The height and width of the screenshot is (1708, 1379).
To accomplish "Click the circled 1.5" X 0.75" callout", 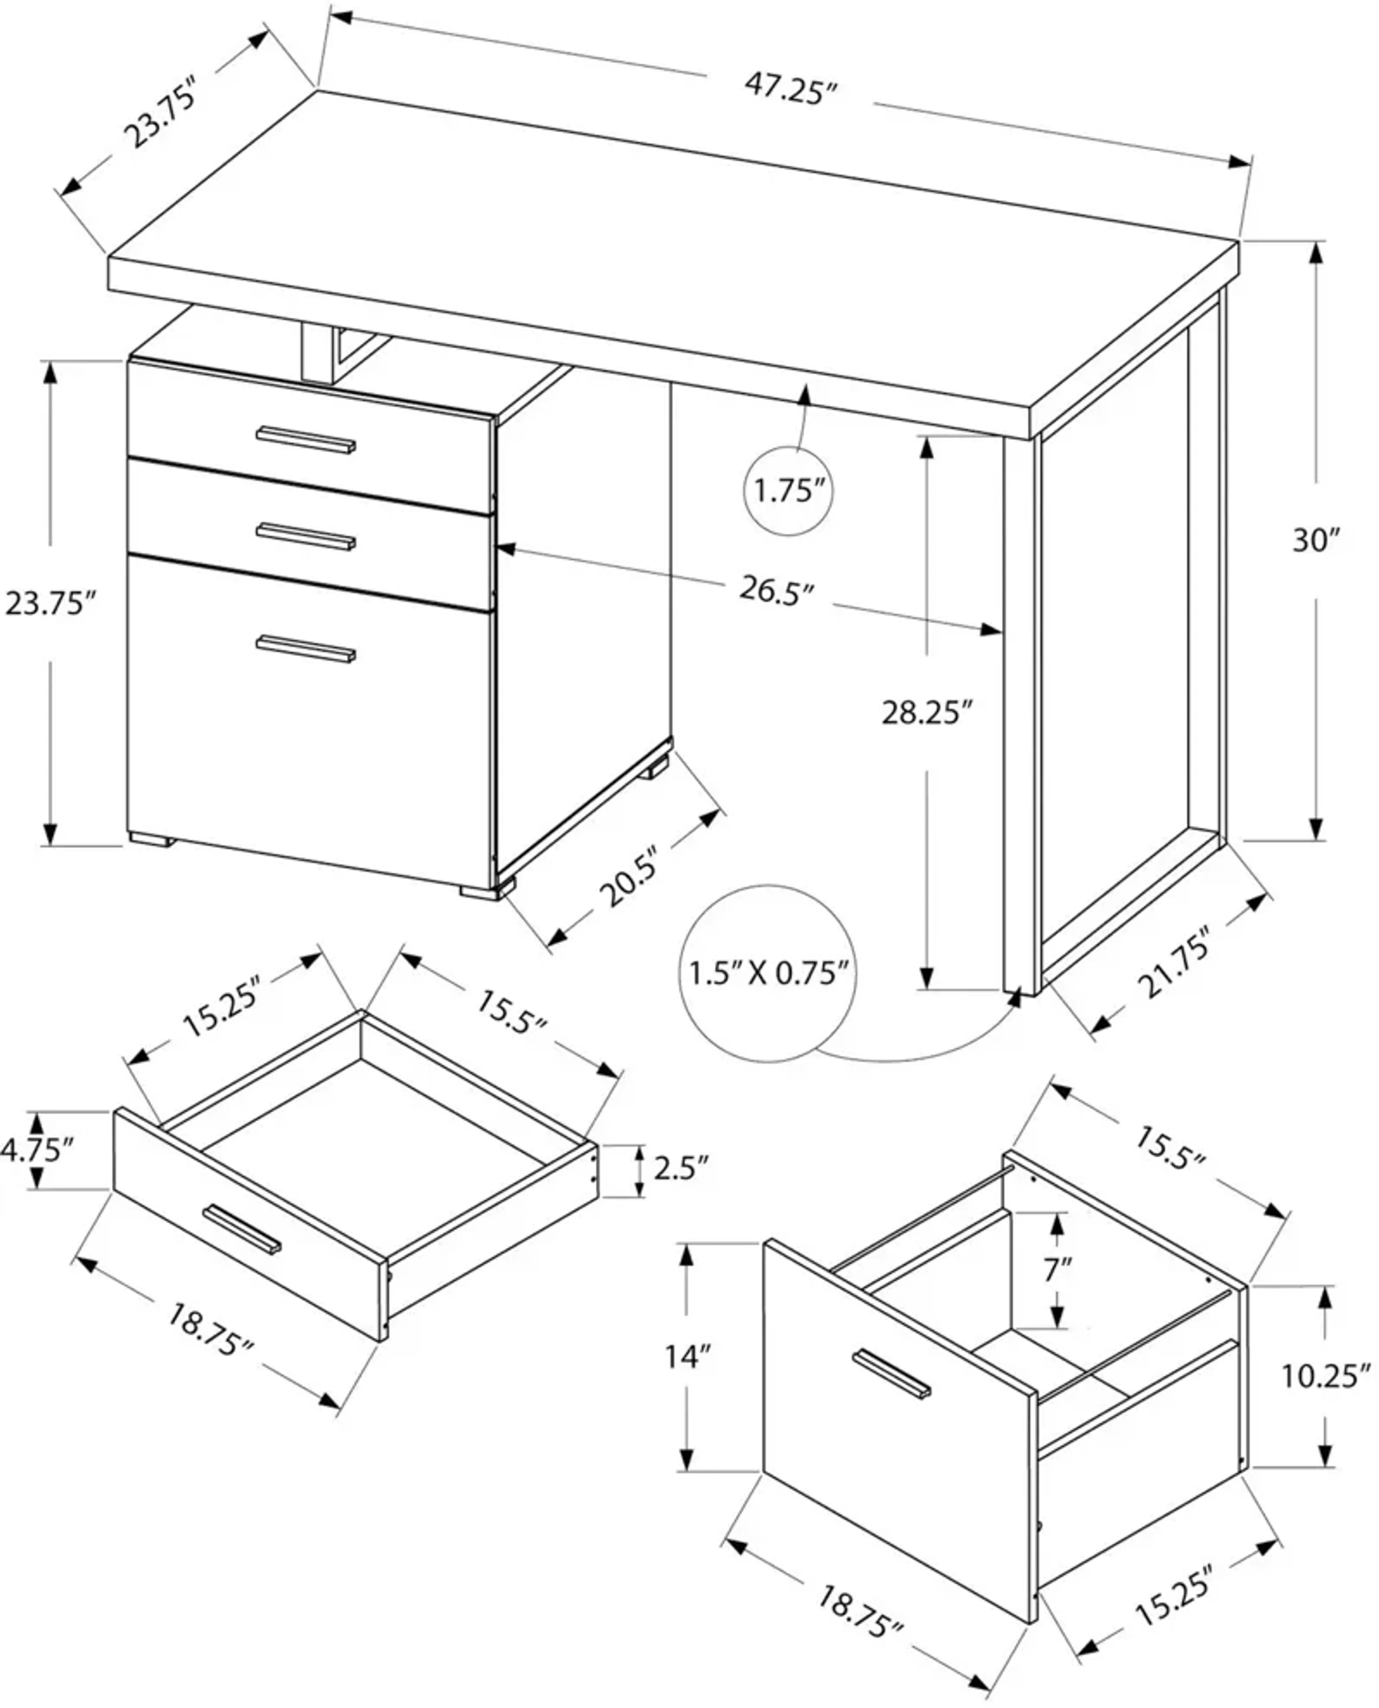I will (768, 973).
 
